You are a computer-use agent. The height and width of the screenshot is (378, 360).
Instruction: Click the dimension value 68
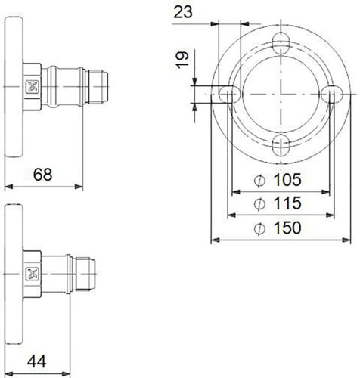pos(42,174)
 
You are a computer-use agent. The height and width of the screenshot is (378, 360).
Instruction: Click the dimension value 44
pos(37,361)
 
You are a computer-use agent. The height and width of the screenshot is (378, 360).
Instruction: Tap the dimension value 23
pos(183,11)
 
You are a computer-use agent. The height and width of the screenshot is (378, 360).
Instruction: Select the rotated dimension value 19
pos(182,60)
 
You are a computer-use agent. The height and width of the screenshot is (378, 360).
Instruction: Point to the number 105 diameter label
pos(287,180)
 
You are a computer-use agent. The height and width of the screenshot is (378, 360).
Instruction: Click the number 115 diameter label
pos(287,203)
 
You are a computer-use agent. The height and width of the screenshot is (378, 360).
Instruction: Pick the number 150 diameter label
pos(287,228)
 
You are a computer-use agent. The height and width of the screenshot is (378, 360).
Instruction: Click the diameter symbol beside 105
pos(259,181)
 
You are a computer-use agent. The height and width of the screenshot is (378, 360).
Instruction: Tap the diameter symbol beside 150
pos(259,228)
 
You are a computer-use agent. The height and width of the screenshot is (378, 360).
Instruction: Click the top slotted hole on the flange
pos(281,43)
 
